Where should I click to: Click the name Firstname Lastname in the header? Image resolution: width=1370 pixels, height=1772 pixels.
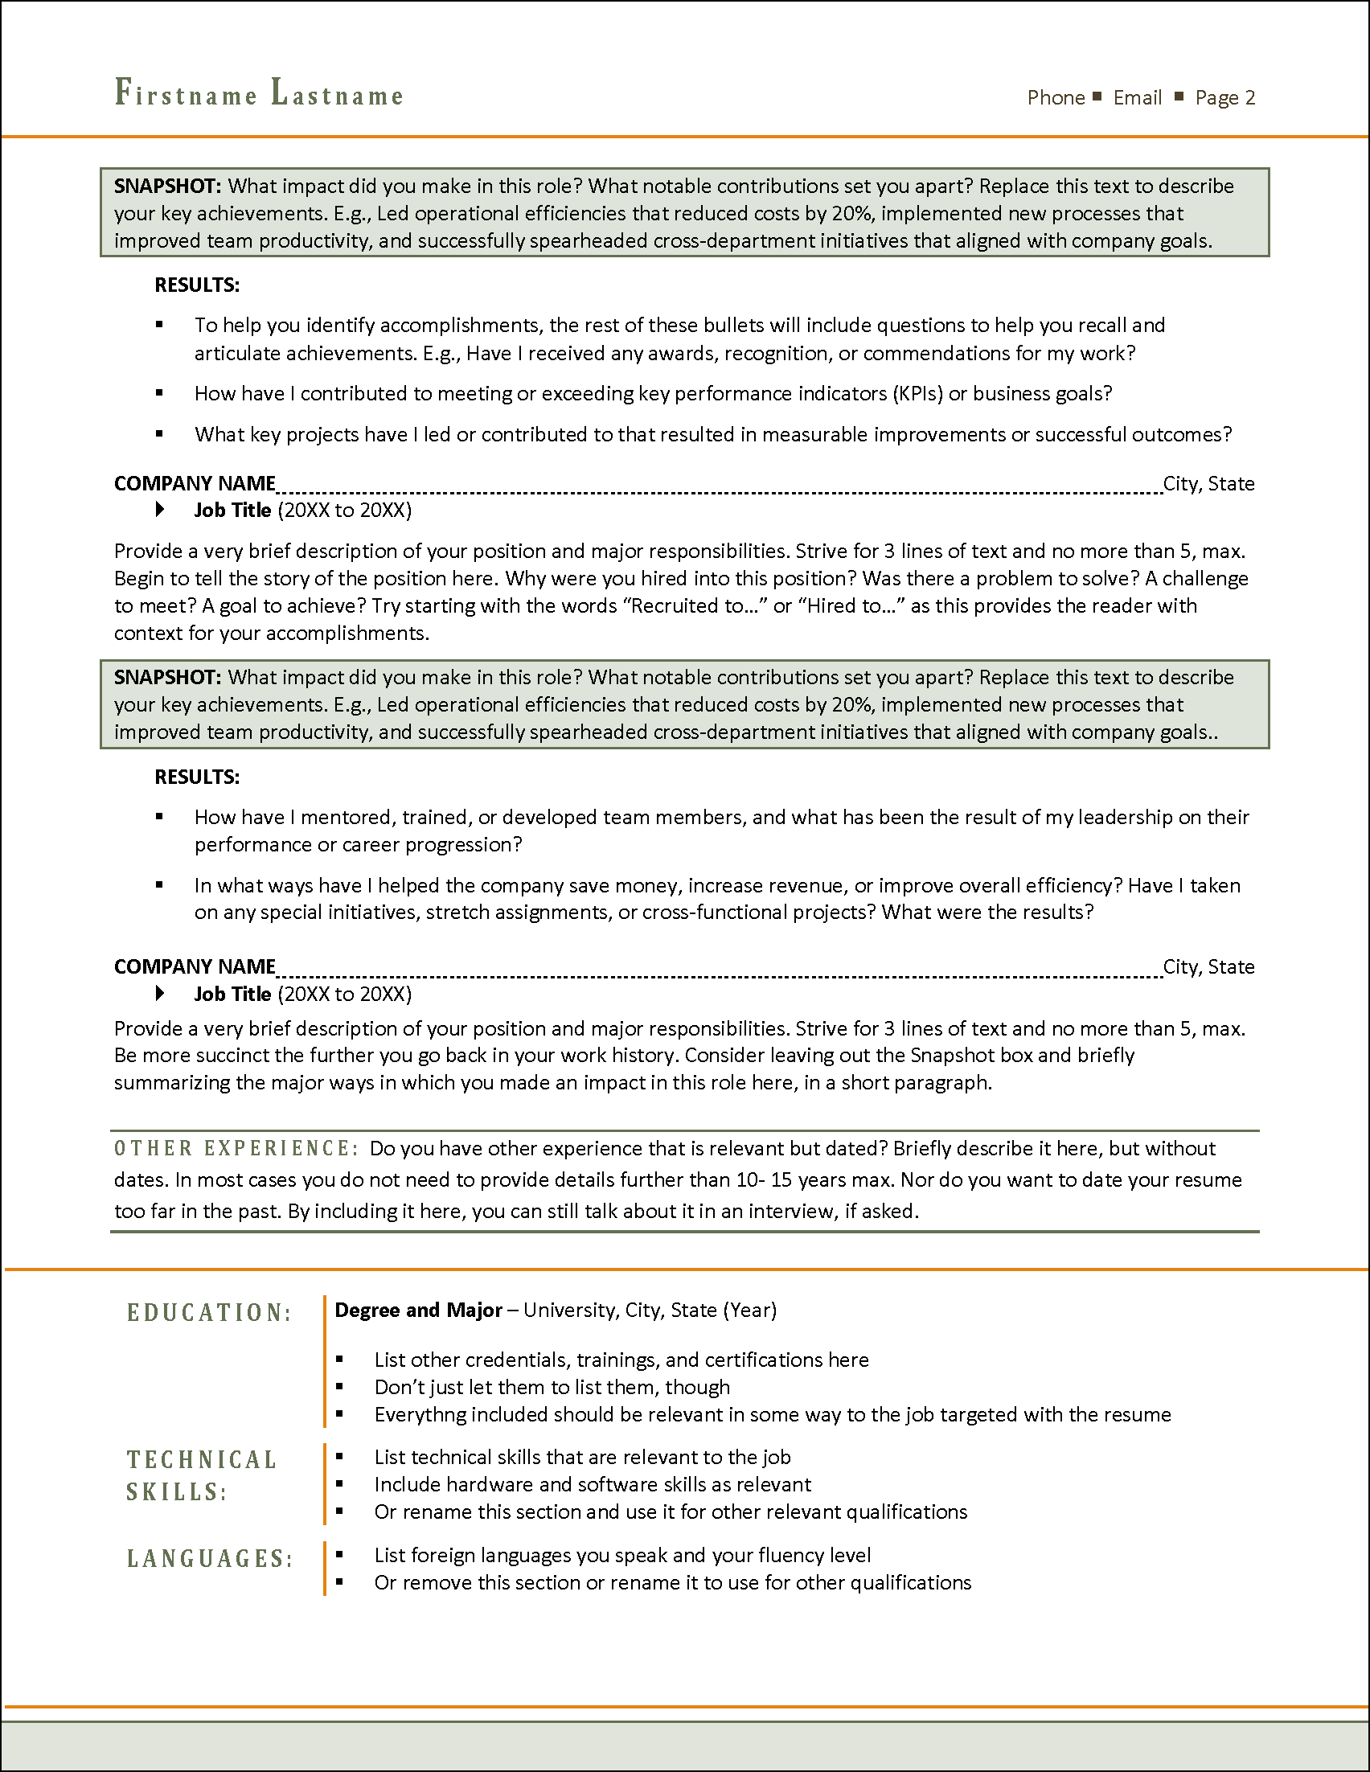(x=259, y=94)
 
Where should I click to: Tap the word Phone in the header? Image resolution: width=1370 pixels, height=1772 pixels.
(x=1056, y=98)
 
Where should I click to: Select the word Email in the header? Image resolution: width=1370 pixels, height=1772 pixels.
(x=1137, y=98)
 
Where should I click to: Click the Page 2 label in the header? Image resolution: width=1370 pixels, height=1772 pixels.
(x=1224, y=98)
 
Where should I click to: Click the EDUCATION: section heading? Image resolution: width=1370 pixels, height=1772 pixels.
(x=209, y=1313)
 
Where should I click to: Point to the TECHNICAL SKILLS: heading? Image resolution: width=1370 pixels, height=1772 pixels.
(x=201, y=1475)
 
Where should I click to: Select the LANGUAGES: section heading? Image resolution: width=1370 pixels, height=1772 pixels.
(x=209, y=1559)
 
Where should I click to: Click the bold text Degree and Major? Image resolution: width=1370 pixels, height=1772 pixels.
(x=418, y=1311)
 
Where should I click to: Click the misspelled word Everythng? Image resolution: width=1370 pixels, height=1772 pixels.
(x=420, y=1415)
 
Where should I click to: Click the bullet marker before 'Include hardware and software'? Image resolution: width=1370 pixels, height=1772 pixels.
(x=339, y=1484)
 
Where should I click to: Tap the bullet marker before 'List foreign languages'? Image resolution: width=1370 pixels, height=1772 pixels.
(x=339, y=1555)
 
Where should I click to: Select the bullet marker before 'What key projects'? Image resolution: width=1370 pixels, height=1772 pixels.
(x=160, y=434)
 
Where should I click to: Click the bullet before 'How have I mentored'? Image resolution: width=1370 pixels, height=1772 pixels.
(x=160, y=816)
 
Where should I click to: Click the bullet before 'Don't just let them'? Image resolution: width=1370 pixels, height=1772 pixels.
(x=339, y=1387)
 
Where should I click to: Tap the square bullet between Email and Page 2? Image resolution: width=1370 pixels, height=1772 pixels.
(x=1179, y=96)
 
